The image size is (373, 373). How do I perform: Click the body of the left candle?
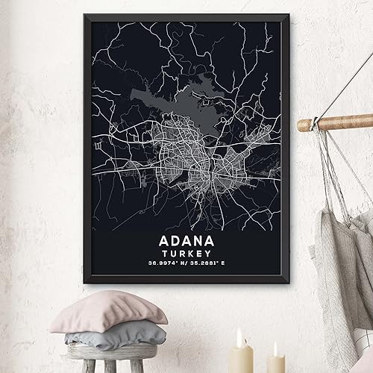[241, 362]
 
